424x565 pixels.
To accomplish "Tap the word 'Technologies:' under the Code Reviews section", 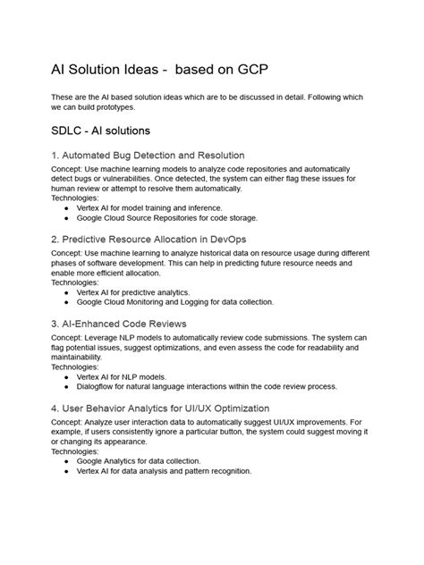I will click(x=77, y=367).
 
